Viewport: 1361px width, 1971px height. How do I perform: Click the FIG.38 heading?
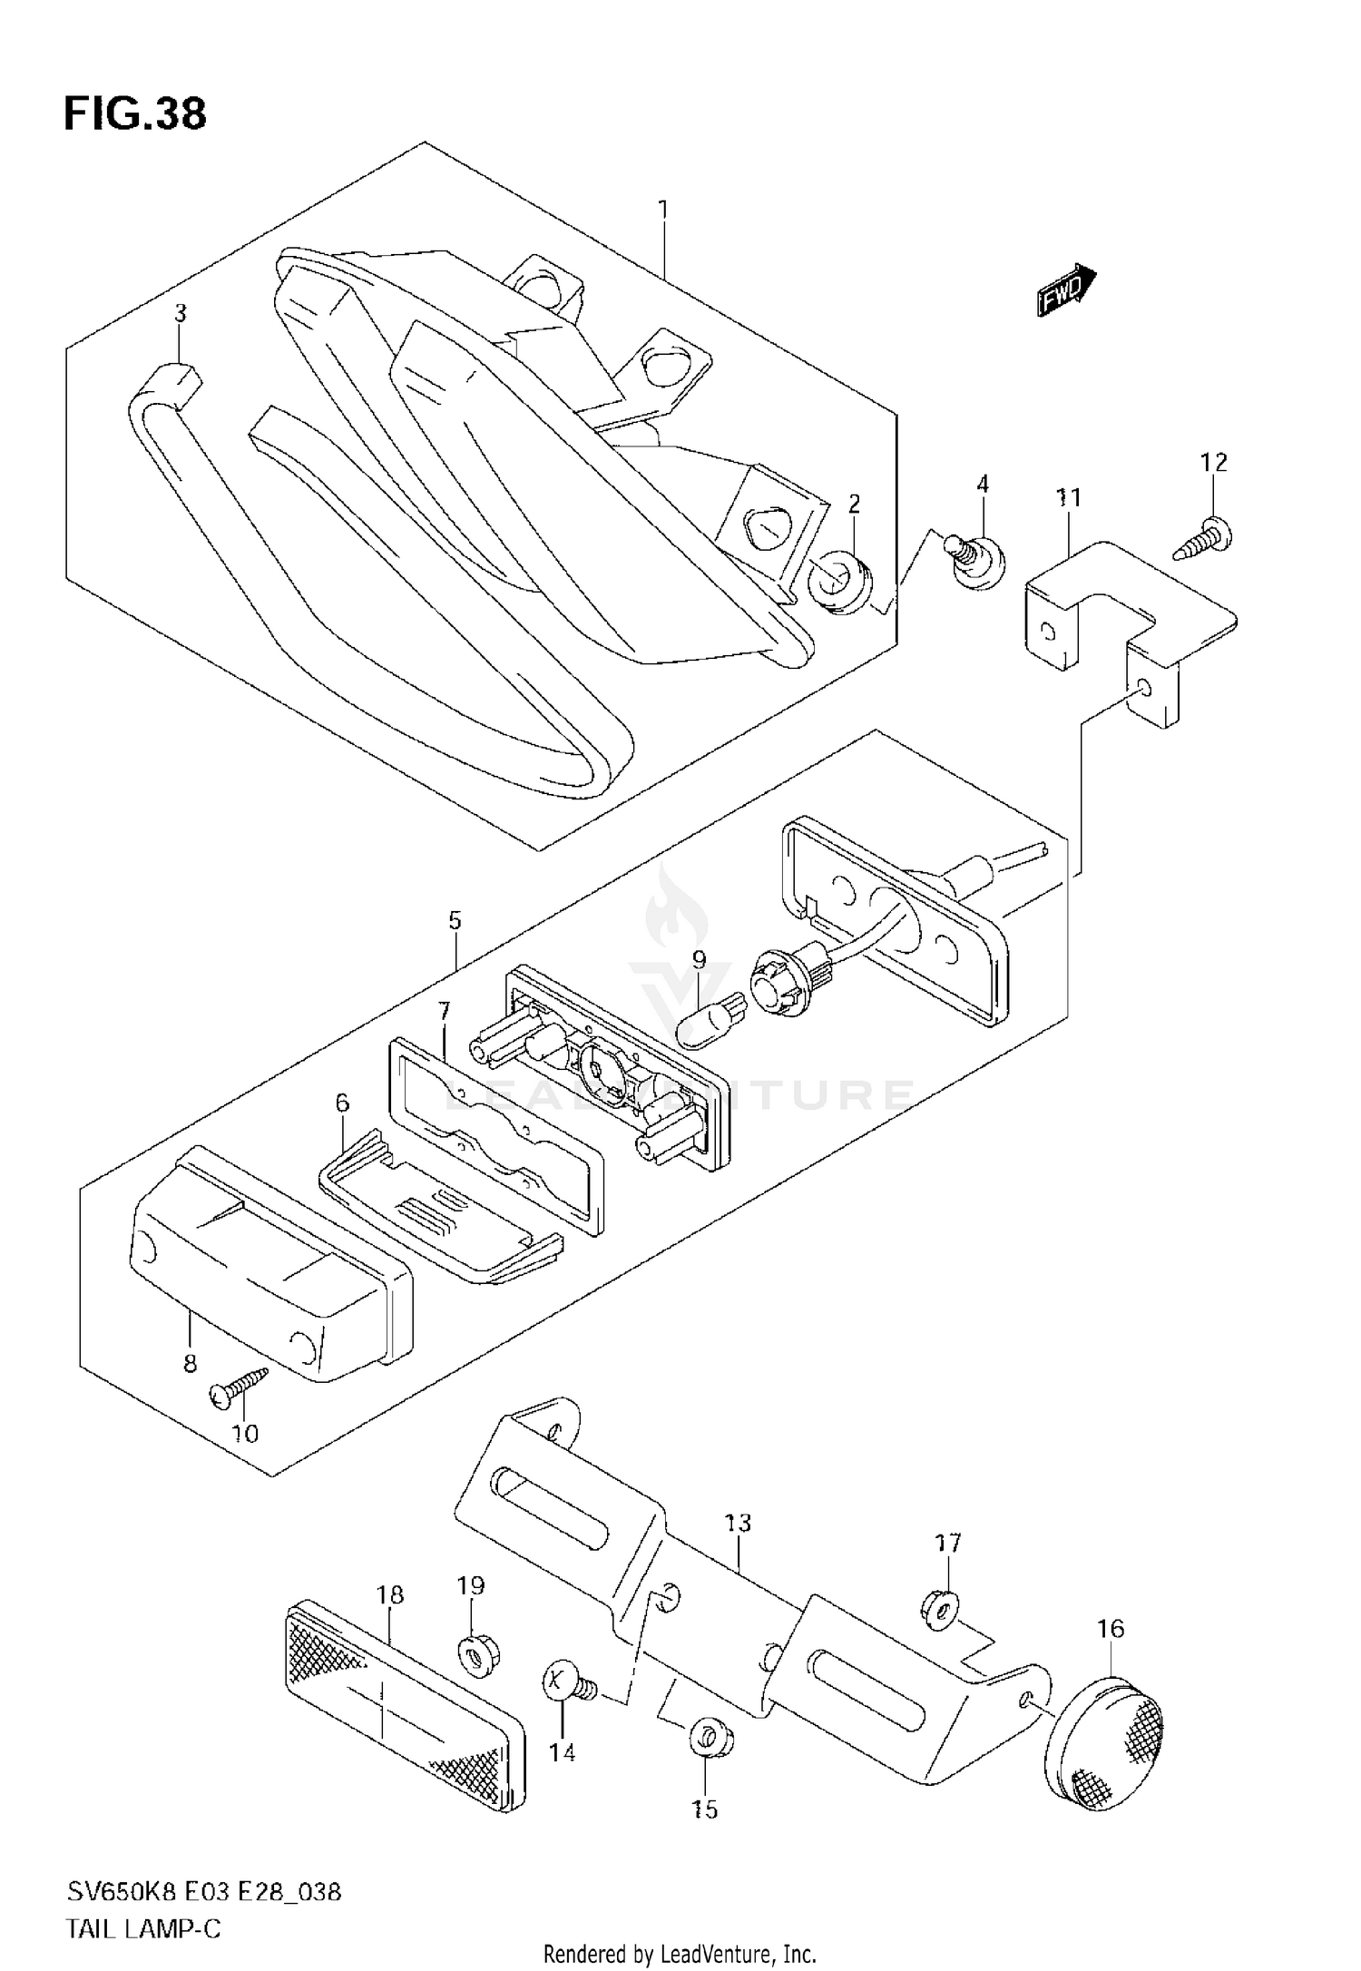(x=134, y=114)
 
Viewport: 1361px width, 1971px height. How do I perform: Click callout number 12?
(x=1213, y=463)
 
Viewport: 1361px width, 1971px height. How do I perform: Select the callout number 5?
(x=455, y=921)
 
